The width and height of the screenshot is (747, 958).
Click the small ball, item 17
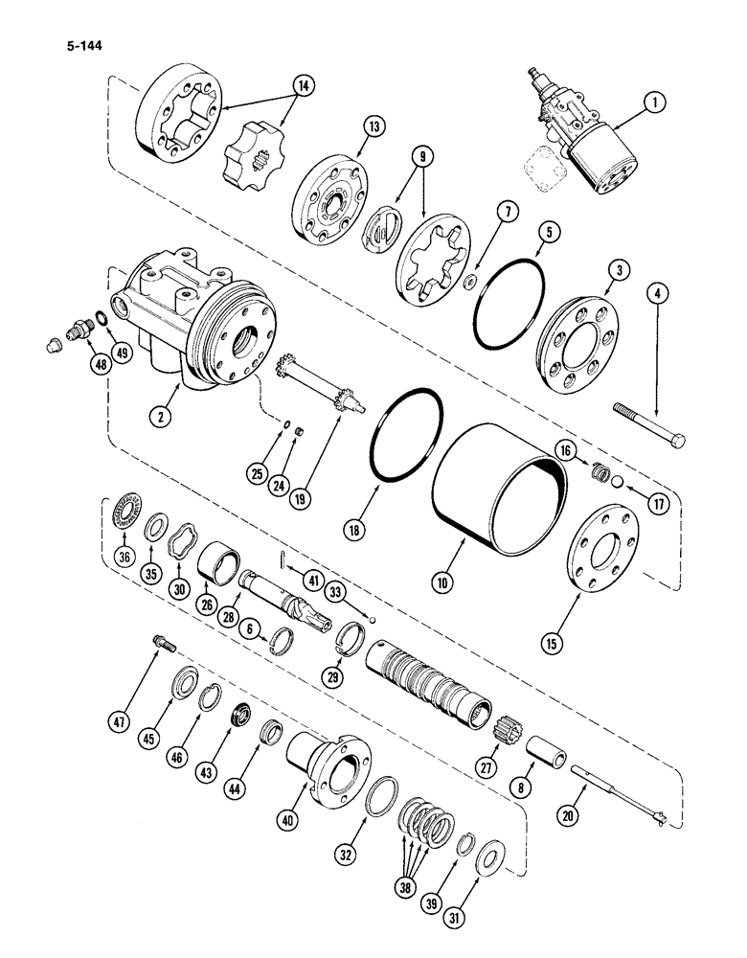click(x=619, y=482)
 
